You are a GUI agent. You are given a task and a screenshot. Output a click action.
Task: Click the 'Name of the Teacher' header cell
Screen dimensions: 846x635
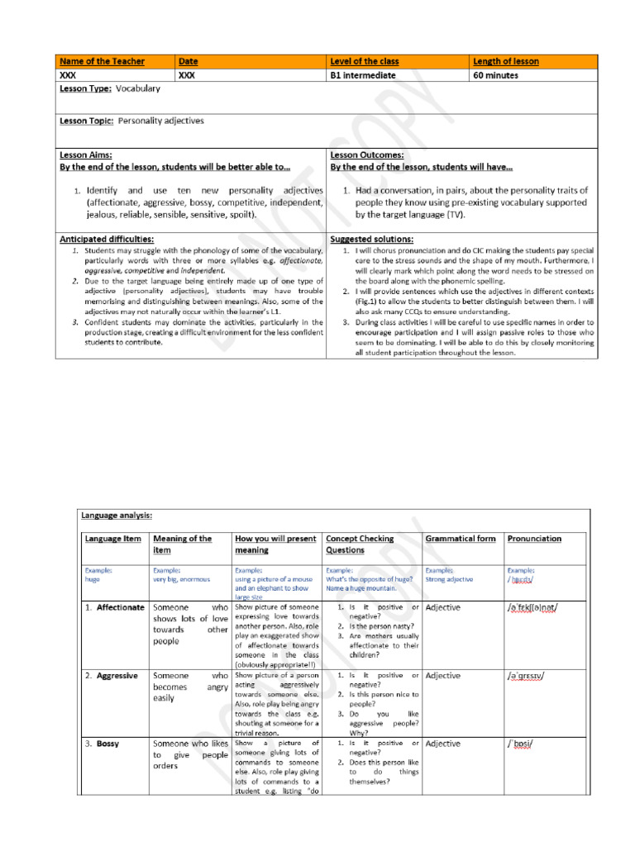point(102,61)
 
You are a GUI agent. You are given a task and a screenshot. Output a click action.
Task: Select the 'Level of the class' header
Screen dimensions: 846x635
point(364,61)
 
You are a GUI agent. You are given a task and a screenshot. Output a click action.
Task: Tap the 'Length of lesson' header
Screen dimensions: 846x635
point(506,61)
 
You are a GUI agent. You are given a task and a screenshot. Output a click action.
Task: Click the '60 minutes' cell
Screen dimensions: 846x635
point(496,75)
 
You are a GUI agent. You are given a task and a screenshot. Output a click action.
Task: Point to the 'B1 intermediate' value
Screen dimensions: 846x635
point(362,75)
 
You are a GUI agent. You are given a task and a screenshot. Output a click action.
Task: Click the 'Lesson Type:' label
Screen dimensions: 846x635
point(85,88)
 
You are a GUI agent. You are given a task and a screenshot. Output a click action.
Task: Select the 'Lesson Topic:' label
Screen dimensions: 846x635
point(87,121)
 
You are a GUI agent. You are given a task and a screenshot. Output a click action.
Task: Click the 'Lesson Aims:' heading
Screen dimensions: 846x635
point(86,154)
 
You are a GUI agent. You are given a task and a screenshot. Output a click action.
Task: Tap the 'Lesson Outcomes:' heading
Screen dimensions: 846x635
point(367,154)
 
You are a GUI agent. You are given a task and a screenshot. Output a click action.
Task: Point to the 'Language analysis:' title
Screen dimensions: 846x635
point(117,515)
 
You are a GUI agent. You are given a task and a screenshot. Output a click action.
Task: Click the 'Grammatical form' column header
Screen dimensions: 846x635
point(461,539)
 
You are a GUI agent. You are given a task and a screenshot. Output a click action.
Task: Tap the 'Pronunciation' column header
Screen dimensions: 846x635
point(533,539)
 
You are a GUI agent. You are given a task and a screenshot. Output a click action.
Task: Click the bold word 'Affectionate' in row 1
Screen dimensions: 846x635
point(120,607)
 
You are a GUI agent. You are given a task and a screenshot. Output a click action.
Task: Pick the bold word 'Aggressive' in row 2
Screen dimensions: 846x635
point(117,675)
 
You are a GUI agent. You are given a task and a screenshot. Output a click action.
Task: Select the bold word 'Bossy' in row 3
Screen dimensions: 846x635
point(107,744)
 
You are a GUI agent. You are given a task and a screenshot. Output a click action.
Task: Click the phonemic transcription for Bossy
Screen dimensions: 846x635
point(520,744)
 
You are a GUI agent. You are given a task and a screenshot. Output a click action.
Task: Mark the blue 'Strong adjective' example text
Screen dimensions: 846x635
point(449,578)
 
